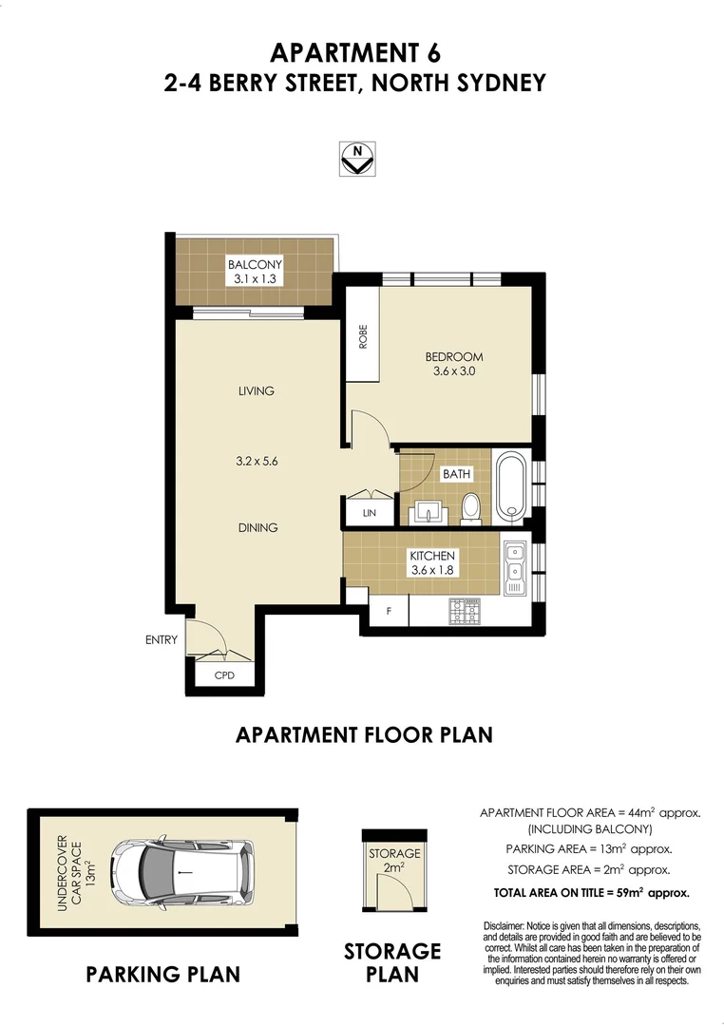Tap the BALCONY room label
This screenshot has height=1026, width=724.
tap(254, 264)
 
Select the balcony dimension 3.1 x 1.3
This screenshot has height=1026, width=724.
tap(254, 279)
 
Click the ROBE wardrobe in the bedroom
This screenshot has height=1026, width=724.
tap(362, 337)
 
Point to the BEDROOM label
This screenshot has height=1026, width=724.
tap(454, 357)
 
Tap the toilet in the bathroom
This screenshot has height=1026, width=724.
tap(470, 507)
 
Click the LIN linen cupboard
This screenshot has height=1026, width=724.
tap(370, 512)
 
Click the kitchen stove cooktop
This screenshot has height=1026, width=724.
tap(467, 612)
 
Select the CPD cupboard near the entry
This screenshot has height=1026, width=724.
tap(224, 675)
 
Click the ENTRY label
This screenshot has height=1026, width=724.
tap(161, 640)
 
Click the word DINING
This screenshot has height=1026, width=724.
tap(257, 528)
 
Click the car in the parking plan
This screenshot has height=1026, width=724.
tap(180, 872)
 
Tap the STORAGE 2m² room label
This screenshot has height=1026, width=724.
tap(394, 861)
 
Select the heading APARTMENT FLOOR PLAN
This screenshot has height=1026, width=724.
tap(363, 734)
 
